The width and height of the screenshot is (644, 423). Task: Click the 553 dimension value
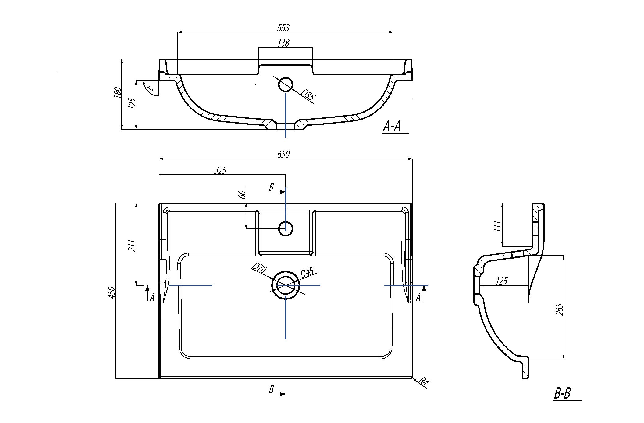(283, 28)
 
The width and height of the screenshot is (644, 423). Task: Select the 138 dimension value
(283, 43)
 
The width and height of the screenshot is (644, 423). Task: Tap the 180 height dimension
(117, 92)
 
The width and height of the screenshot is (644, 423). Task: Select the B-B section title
(562, 394)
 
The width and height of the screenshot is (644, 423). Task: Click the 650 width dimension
(283, 155)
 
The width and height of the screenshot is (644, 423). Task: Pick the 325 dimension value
(220, 170)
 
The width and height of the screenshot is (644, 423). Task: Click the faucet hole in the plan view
(286, 228)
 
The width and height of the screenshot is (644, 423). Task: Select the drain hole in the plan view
(286, 285)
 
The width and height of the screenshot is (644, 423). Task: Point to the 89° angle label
(150, 89)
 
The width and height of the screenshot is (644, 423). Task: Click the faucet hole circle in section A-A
(286, 84)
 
